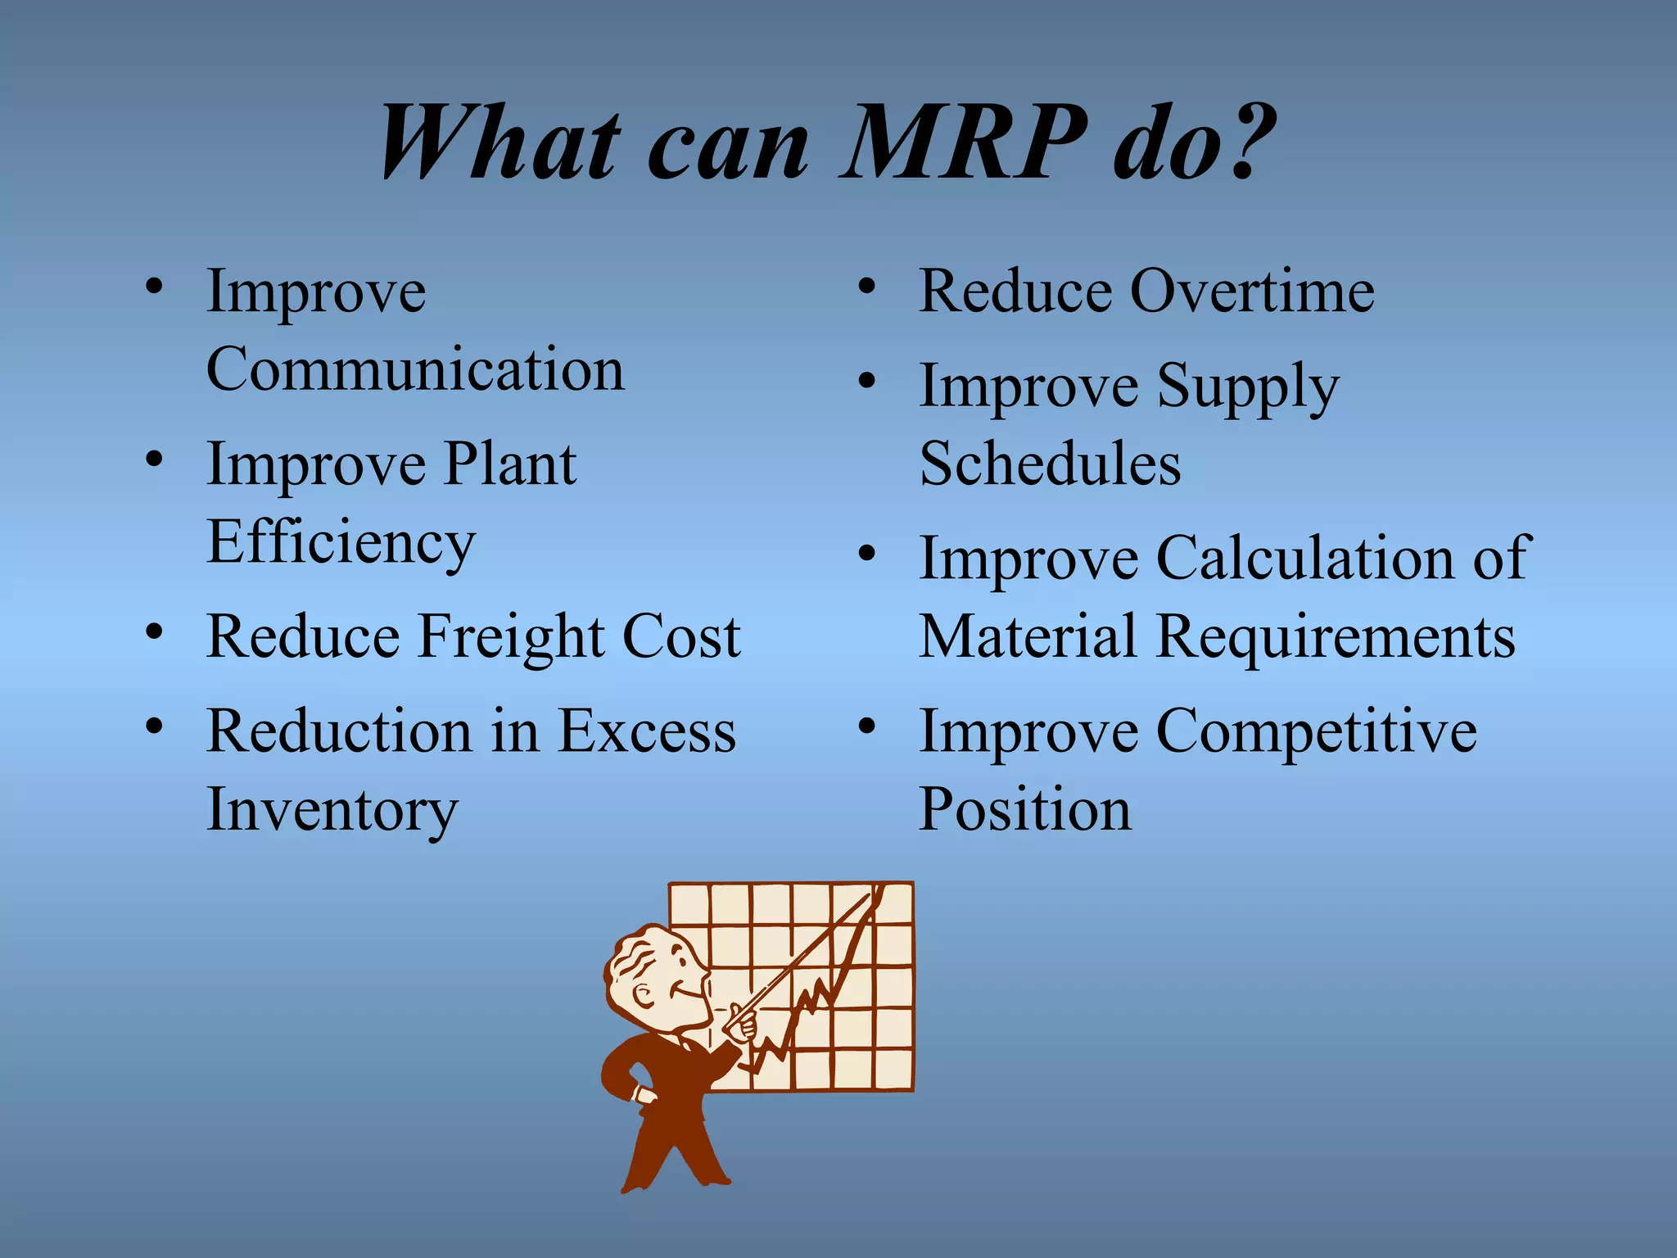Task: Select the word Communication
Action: [x=415, y=370]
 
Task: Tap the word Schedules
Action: [x=1050, y=464]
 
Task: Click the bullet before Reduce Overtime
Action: [x=867, y=287]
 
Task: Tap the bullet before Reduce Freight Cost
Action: [x=154, y=632]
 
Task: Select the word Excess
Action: [x=647, y=732]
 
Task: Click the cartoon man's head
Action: [x=655, y=975]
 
